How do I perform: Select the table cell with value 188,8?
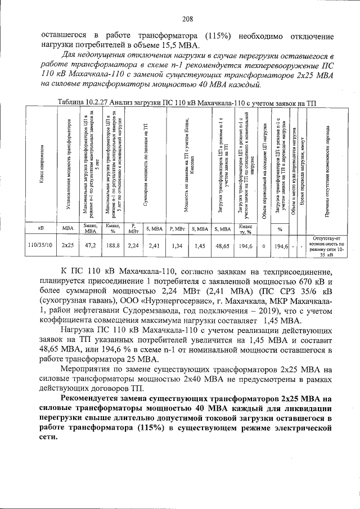[x=113, y=246]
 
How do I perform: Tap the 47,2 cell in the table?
[x=91, y=246]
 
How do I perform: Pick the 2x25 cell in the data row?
[x=68, y=246]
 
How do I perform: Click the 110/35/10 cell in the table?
[x=40, y=246]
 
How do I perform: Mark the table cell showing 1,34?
[x=177, y=246]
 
